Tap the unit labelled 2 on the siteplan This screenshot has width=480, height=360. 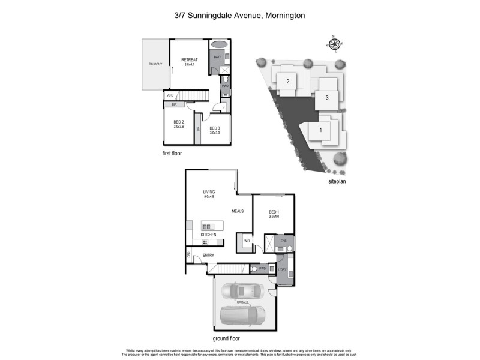[288, 81]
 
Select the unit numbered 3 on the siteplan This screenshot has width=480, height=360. [327, 97]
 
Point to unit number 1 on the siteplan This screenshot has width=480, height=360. [320, 130]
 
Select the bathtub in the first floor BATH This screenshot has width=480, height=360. [220, 44]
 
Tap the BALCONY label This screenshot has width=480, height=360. [155, 64]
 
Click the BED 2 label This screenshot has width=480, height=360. [178, 122]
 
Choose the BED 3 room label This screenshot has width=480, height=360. [214, 128]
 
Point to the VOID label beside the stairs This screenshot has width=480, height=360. [170, 95]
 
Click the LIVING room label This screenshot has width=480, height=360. [209, 192]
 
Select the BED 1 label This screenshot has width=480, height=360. [273, 212]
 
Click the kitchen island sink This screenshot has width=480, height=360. [208, 226]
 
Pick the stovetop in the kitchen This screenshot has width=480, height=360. [205, 242]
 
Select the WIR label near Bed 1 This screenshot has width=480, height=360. [247, 241]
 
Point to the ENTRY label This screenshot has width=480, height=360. [208, 256]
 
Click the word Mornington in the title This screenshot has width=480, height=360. [283, 15]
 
